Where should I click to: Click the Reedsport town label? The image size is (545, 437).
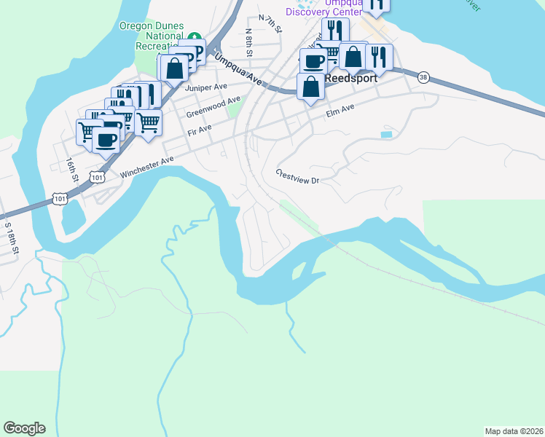click(x=351, y=77)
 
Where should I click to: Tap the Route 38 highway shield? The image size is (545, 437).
click(x=423, y=76)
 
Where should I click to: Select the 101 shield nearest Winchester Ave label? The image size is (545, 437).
click(x=97, y=176)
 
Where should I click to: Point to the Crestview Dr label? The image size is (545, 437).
click(x=297, y=176)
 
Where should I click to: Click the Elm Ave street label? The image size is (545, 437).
click(x=340, y=110)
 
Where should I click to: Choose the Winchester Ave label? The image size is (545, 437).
click(x=147, y=165)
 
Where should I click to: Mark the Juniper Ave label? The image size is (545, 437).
click(x=202, y=87)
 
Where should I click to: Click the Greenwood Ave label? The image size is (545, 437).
click(x=213, y=108)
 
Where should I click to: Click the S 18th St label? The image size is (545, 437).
click(x=12, y=237)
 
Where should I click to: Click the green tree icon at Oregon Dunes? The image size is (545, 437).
click(x=194, y=36)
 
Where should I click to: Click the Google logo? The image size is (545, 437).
click(x=24, y=428)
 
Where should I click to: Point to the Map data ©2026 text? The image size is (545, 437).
click(x=514, y=430)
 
